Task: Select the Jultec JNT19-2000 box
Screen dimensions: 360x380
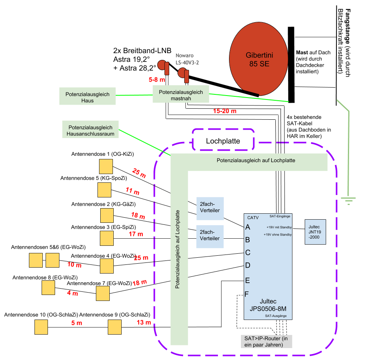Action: pos(315,232)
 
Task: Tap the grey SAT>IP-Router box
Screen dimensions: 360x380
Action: pos(266,341)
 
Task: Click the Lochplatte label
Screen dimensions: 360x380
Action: pos(223,141)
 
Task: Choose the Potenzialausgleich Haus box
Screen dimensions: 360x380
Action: pos(87,96)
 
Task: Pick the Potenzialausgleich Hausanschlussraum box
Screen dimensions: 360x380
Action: pos(90,130)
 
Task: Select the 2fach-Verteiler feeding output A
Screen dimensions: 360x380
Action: pos(210,208)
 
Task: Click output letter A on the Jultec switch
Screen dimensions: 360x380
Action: pos(248,228)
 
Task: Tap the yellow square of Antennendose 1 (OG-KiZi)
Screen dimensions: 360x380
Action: pos(106,166)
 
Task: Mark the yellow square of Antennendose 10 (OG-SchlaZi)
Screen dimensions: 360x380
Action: pos(41,327)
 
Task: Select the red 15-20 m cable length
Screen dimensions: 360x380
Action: pos(225,111)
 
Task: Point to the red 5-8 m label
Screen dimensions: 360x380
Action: pos(157,80)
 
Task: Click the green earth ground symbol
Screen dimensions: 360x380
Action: pos(349,201)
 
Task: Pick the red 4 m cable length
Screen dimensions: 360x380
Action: pos(73,294)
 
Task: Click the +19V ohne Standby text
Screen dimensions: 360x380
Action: pos(278,235)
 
